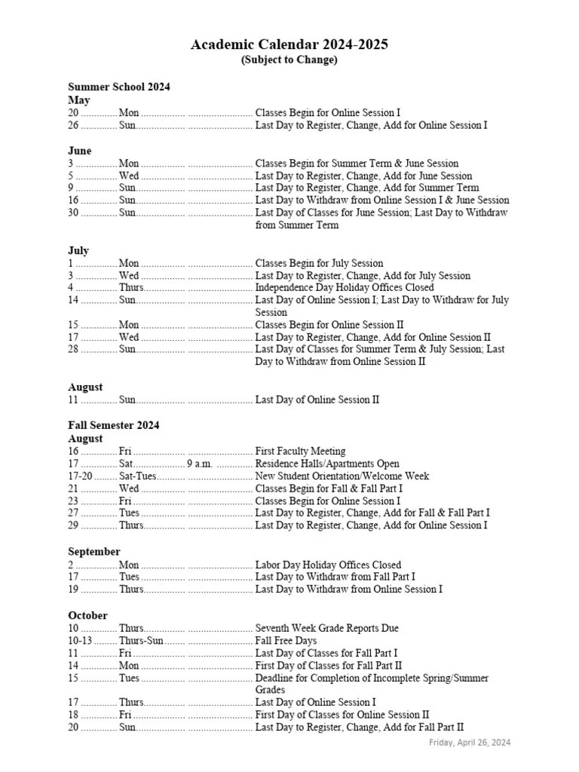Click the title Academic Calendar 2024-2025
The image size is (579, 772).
(x=289, y=44)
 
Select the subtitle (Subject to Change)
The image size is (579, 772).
(x=289, y=60)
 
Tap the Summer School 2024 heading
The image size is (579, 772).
(x=119, y=87)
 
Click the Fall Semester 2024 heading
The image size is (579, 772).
(x=114, y=425)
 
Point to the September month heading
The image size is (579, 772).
(x=94, y=552)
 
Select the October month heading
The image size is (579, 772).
(x=88, y=615)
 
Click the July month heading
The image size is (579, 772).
(x=78, y=250)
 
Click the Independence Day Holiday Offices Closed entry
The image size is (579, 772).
(x=345, y=287)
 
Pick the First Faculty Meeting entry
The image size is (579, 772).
(x=301, y=451)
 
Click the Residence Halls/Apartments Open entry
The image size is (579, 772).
(x=327, y=464)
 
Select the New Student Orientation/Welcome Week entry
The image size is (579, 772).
(x=342, y=476)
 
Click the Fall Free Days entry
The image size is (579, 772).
(x=286, y=641)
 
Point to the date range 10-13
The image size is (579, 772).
(x=79, y=641)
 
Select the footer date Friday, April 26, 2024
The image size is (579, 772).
(x=470, y=743)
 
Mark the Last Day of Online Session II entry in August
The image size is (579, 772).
(x=317, y=400)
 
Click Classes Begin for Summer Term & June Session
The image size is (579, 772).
(x=357, y=164)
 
